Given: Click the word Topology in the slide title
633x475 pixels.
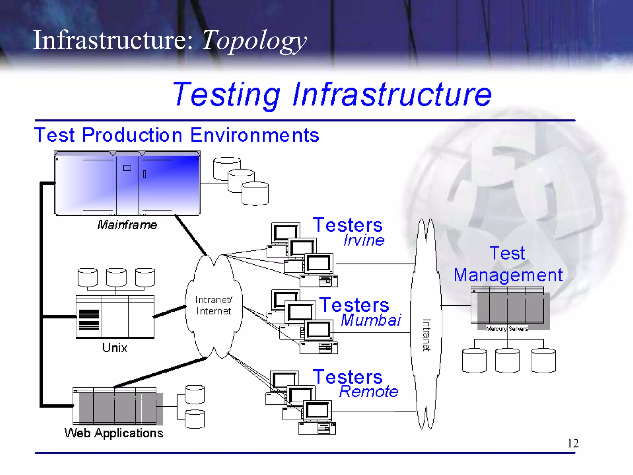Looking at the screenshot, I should [253, 40].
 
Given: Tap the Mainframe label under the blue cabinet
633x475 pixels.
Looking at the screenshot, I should [127, 225].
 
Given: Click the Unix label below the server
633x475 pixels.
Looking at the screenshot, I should [115, 348].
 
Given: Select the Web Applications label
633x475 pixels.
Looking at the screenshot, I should [114, 433].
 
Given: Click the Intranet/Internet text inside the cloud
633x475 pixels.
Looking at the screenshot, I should [214, 305].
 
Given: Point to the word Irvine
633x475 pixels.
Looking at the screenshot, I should [364, 240].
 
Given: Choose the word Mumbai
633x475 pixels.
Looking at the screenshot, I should [371, 320].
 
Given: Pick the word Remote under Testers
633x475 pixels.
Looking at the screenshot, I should [368, 392].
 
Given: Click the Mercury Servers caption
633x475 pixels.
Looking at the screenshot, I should [507, 329].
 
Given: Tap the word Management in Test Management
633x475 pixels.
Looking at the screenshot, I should [508, 275].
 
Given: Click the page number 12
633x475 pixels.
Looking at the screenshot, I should [573, 443].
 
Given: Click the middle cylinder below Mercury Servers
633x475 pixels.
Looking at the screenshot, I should [507, 361].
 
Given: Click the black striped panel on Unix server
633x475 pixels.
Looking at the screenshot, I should [89, 319].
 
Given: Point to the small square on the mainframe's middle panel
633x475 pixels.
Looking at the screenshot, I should [127, 168].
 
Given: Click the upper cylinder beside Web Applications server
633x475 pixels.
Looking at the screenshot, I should [194, 395].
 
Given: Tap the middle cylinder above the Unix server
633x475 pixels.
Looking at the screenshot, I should [116, 277].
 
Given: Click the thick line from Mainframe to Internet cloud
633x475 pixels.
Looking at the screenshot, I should [191, 235].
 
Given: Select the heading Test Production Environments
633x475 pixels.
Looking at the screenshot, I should [176, 135].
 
